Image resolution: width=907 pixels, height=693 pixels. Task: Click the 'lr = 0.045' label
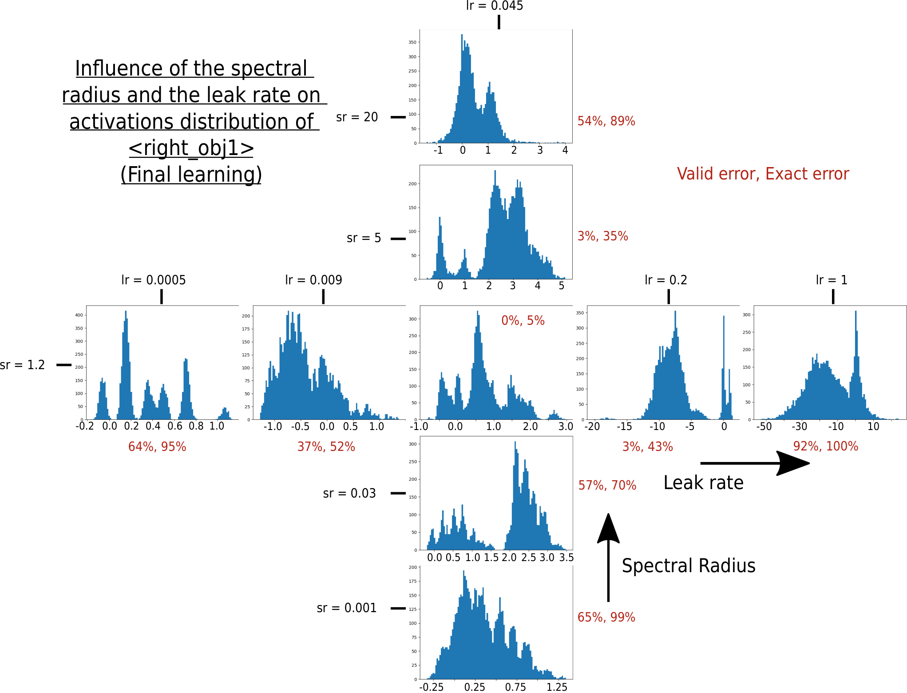pos(495,6)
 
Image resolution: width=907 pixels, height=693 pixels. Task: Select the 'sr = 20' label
pos(357,117)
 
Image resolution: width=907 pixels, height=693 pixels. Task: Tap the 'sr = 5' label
pos(364,238)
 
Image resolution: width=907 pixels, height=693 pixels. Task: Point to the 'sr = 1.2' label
pos(22,365)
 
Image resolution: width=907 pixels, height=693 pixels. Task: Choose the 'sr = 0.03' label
pos(349,494)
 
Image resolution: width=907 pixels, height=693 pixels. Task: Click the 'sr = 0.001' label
pos(347,608)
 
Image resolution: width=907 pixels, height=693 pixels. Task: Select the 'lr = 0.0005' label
pos(154,280)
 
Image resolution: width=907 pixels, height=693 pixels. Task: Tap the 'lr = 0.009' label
pos(314,280)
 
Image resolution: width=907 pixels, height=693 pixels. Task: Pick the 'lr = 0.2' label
pos(666,280)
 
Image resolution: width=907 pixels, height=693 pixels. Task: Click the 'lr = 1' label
pos(832,280)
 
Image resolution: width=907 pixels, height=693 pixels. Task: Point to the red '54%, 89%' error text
pos(606,121)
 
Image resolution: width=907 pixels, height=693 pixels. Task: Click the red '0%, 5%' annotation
pos(523,321)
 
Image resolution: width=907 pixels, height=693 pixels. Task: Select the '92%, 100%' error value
pos(826,446)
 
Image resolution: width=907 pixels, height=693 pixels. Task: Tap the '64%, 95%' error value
pos(157,447)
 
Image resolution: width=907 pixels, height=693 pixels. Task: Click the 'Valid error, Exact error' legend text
pos(763,174)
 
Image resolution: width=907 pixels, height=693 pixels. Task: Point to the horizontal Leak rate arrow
pos(755,463)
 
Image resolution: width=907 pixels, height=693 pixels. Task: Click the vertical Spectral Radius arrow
pos(608,558)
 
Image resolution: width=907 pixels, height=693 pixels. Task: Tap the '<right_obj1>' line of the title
pos(191,148)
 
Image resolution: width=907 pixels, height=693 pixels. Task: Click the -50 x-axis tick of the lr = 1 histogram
pos(764,427)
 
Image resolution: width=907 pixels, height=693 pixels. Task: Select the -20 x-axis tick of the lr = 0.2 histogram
pos(592,427)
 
